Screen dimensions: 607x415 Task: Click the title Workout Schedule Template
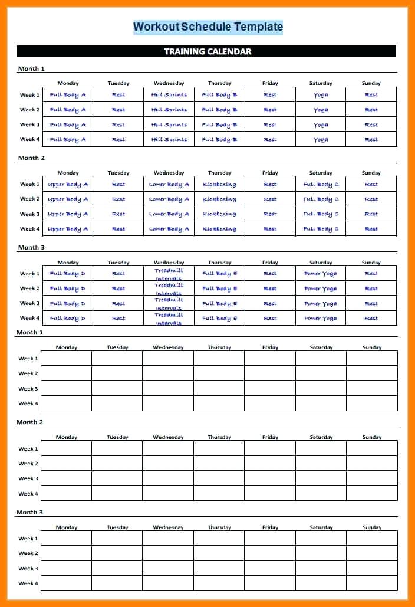pyautogui.click(x=207, y=27)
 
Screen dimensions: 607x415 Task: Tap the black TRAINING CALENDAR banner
pyautogui.click(x=207, y=51)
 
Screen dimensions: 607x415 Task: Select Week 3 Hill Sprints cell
pyautogui.click(x=169, y=124)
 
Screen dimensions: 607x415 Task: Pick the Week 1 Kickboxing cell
pyautogui.click(x=219, y=184)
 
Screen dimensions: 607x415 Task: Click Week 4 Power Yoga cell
pyautogui.click(x=321, y=318)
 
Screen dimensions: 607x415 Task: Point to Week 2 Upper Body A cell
pyautogui.click(x=68, y=199)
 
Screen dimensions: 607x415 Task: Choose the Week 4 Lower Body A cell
pyautogui.click(x=169, y=229)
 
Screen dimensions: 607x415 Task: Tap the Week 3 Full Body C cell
pyautogui.click(x=321, y=214)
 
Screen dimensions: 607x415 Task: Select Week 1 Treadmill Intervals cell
pyautogui.click(x=169, y=274)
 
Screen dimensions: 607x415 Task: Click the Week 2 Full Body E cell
pyautogui.click(x=219, y=288)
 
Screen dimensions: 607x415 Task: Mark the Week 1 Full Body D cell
pyautogui.click(x=68, y=274)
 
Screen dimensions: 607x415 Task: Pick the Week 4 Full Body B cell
pyautogui.click(x=219, y=139)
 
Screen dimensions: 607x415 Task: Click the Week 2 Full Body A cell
pyautogui.click(x=68, y=110)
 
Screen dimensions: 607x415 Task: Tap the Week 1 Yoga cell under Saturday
pyautogui.click(x=321, y=94)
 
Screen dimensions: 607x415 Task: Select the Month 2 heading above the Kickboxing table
pyautogui.click(x=31, y=158)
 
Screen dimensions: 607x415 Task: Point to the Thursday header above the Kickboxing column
pyautogui.click(x=219, y=173)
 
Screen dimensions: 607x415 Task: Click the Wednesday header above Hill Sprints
pyautogui.click(x=169, y=83)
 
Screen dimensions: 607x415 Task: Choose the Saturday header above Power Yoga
pyautogui.click(x=321, y=263)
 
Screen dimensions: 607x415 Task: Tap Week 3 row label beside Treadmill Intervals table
pyautogui.click(x=29, y=303)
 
